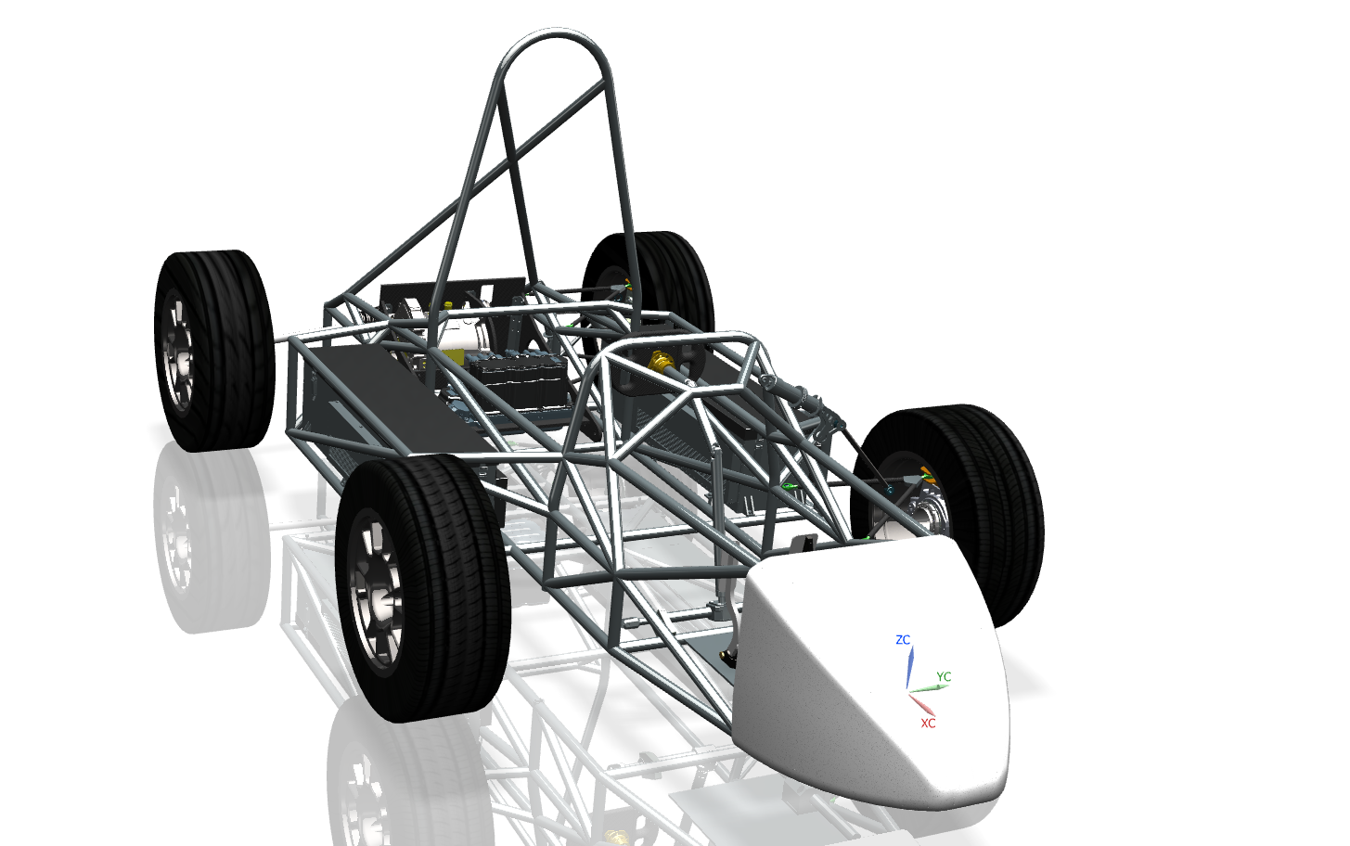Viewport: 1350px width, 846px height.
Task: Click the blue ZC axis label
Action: pyautogui.click(x=902, y=640)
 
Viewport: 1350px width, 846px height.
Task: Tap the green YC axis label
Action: pyautogui.click(x=944, y=676)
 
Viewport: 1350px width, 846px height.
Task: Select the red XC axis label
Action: pyautogui.click(x=928, y=723)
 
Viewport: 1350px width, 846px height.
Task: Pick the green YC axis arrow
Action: pyautogui.click(x=929, y=688)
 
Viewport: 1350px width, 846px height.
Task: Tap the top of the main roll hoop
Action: pyautogui.click(x=555, y=32)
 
